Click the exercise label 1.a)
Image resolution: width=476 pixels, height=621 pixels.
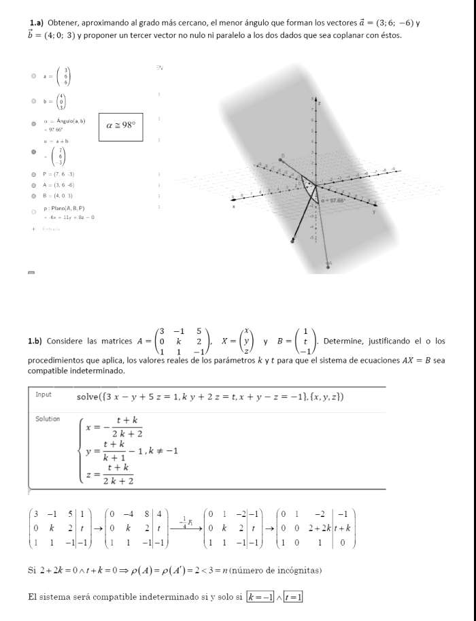[x=35, y=23]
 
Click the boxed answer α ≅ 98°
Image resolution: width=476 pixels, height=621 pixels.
[x=121, y=124]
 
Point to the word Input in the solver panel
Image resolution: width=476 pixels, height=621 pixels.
[x=44, y=395]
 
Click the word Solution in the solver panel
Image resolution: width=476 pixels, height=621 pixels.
[x=48, y=419]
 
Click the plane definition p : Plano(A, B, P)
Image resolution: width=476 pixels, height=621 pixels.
[x=65, y=208]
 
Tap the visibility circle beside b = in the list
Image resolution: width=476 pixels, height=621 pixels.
[x=33, y=101]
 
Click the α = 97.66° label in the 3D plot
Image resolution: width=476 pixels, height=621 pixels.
[x=334, y=201]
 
